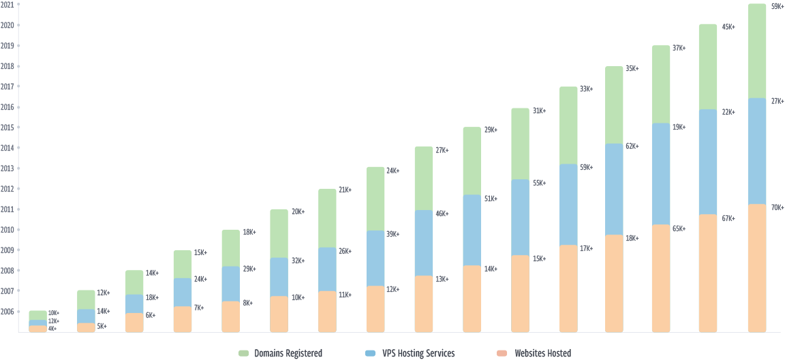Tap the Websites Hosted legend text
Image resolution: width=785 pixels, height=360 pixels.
point(542,353)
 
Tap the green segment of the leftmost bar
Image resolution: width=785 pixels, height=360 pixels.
point(38,315)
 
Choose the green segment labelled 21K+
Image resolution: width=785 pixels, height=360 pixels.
point(327,217)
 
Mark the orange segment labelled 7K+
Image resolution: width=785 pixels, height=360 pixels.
point(183,319)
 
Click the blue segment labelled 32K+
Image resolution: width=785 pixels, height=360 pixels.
point(279,277)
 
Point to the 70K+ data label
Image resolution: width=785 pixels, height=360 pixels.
point(775,207)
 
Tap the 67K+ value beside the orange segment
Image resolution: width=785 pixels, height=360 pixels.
point(727,217)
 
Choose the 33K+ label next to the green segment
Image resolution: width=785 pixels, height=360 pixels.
point(585,89)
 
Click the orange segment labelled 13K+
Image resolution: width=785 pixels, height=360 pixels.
point(423,303)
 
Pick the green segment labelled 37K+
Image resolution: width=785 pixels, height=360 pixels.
point(661,84)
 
